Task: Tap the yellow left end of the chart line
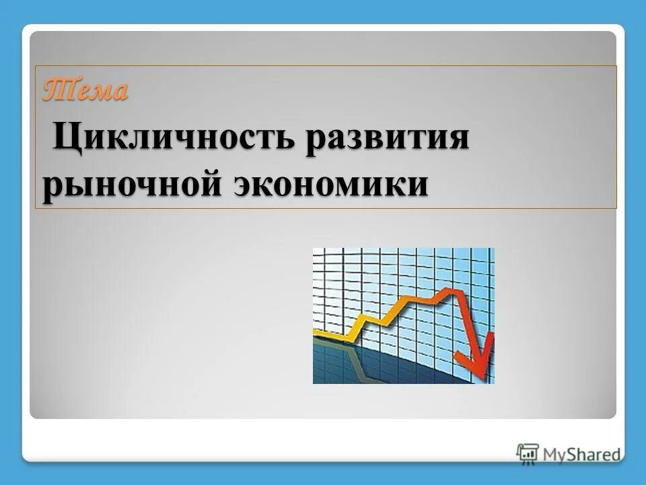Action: coord(318,333)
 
